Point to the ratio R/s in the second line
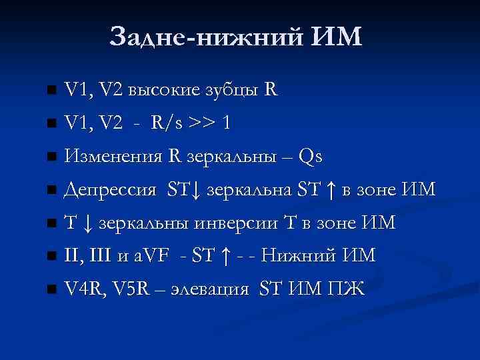(167, 123)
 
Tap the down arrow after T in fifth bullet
(87, 223)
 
